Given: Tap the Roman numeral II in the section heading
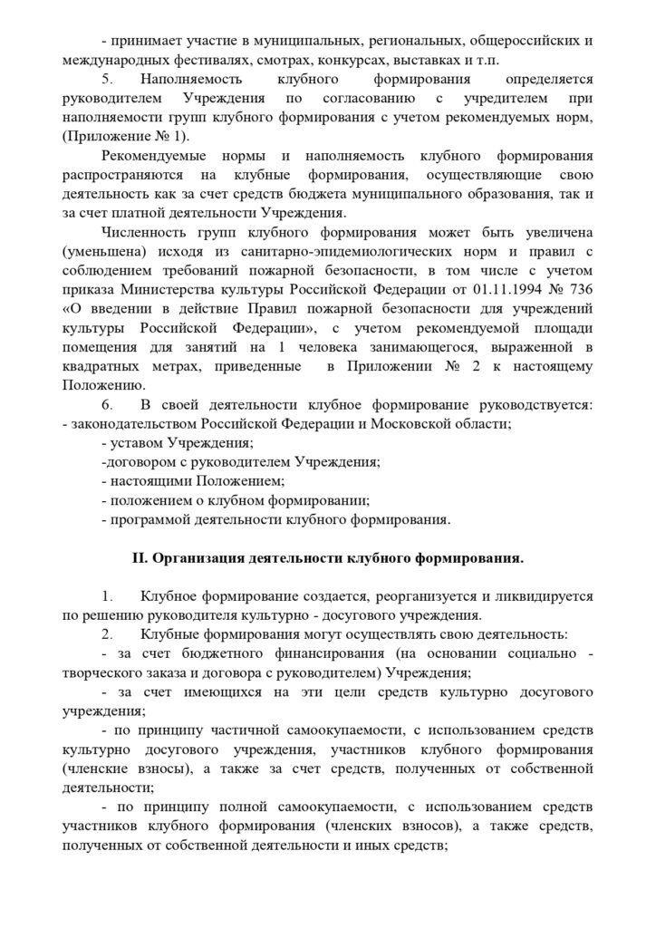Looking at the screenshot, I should [x=140, y=558].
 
